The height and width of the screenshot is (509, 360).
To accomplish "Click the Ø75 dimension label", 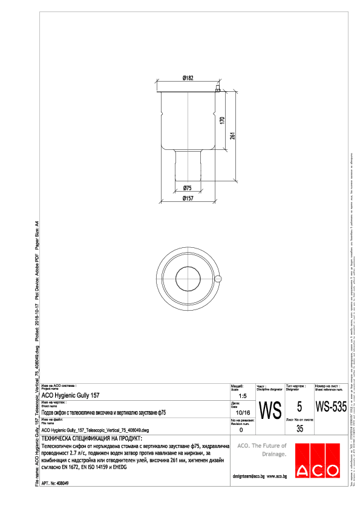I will [188, 188].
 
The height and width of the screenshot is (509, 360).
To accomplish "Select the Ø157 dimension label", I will [188, 198].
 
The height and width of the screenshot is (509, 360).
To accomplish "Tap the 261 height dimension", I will [232, 135].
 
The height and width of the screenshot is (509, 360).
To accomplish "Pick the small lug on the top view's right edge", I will [218, 278].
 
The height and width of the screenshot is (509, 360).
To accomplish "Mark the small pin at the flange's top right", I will [216, 89].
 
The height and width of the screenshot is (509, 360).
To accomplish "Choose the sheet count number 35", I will [299, 430].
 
